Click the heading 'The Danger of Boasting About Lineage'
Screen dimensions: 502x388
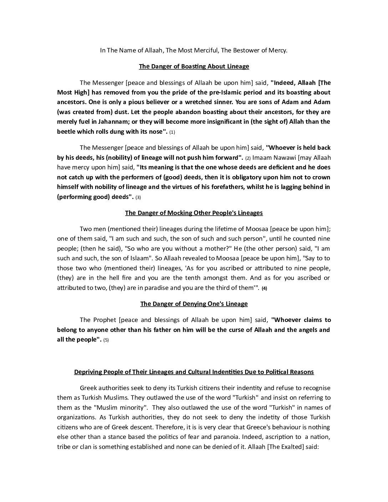(x=194, y=66)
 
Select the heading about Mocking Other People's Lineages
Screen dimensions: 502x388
(x=194, y=213)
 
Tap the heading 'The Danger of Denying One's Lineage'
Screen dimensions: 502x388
(x=194, y=304)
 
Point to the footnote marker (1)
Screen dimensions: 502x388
(x=172, y=132)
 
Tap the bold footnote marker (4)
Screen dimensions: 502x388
(x=264, y=288)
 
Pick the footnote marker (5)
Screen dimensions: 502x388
(x=106, y=340)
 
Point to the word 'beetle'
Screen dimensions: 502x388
(x=66, y=132)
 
